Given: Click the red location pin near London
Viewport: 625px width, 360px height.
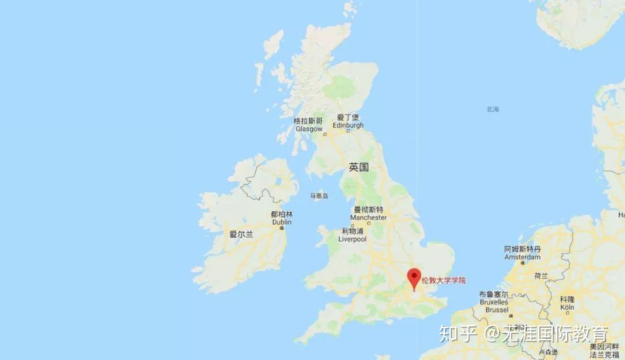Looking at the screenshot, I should click(x=414, y=277).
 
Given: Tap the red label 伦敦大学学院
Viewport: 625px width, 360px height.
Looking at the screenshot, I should click(x=443, y=281).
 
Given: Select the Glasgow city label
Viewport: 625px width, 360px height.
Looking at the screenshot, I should click(x=308, y=125).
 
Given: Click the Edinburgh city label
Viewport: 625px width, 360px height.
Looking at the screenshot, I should click(x=348, y=121).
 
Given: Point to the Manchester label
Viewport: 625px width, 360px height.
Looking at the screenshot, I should click(x=368, y=214).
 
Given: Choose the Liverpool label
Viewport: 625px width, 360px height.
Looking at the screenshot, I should click(x=352, y=235).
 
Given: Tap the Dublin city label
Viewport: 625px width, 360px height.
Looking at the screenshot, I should click(x=282, y=218).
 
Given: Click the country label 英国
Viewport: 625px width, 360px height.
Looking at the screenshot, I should click(x=358, y=167).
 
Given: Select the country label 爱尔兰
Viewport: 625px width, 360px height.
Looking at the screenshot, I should click(x=241, y=234).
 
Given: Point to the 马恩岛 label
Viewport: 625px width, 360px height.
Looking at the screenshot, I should click(x=318, y=196).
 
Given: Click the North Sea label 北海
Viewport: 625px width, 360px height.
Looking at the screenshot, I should click(x=492, y=109).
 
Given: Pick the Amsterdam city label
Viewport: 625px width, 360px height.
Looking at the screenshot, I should click(x=522, y=253).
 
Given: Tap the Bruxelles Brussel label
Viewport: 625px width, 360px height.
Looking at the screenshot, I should click(x=494, y=302).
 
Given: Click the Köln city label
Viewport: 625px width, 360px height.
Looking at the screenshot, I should click(x=567, y=303).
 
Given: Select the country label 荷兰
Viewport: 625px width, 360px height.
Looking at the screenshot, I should click(x=541, y=276).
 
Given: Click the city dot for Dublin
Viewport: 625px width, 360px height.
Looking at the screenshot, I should click(x=282, y=228).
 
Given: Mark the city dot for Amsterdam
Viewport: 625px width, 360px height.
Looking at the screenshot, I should click(x=523, y=263).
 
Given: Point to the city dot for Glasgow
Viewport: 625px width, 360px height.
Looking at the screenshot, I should click(x=325, y=134).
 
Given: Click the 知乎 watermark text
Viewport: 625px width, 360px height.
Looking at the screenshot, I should click(x=457, y=334).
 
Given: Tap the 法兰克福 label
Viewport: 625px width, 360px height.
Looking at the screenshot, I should click(x=604, y=354).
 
